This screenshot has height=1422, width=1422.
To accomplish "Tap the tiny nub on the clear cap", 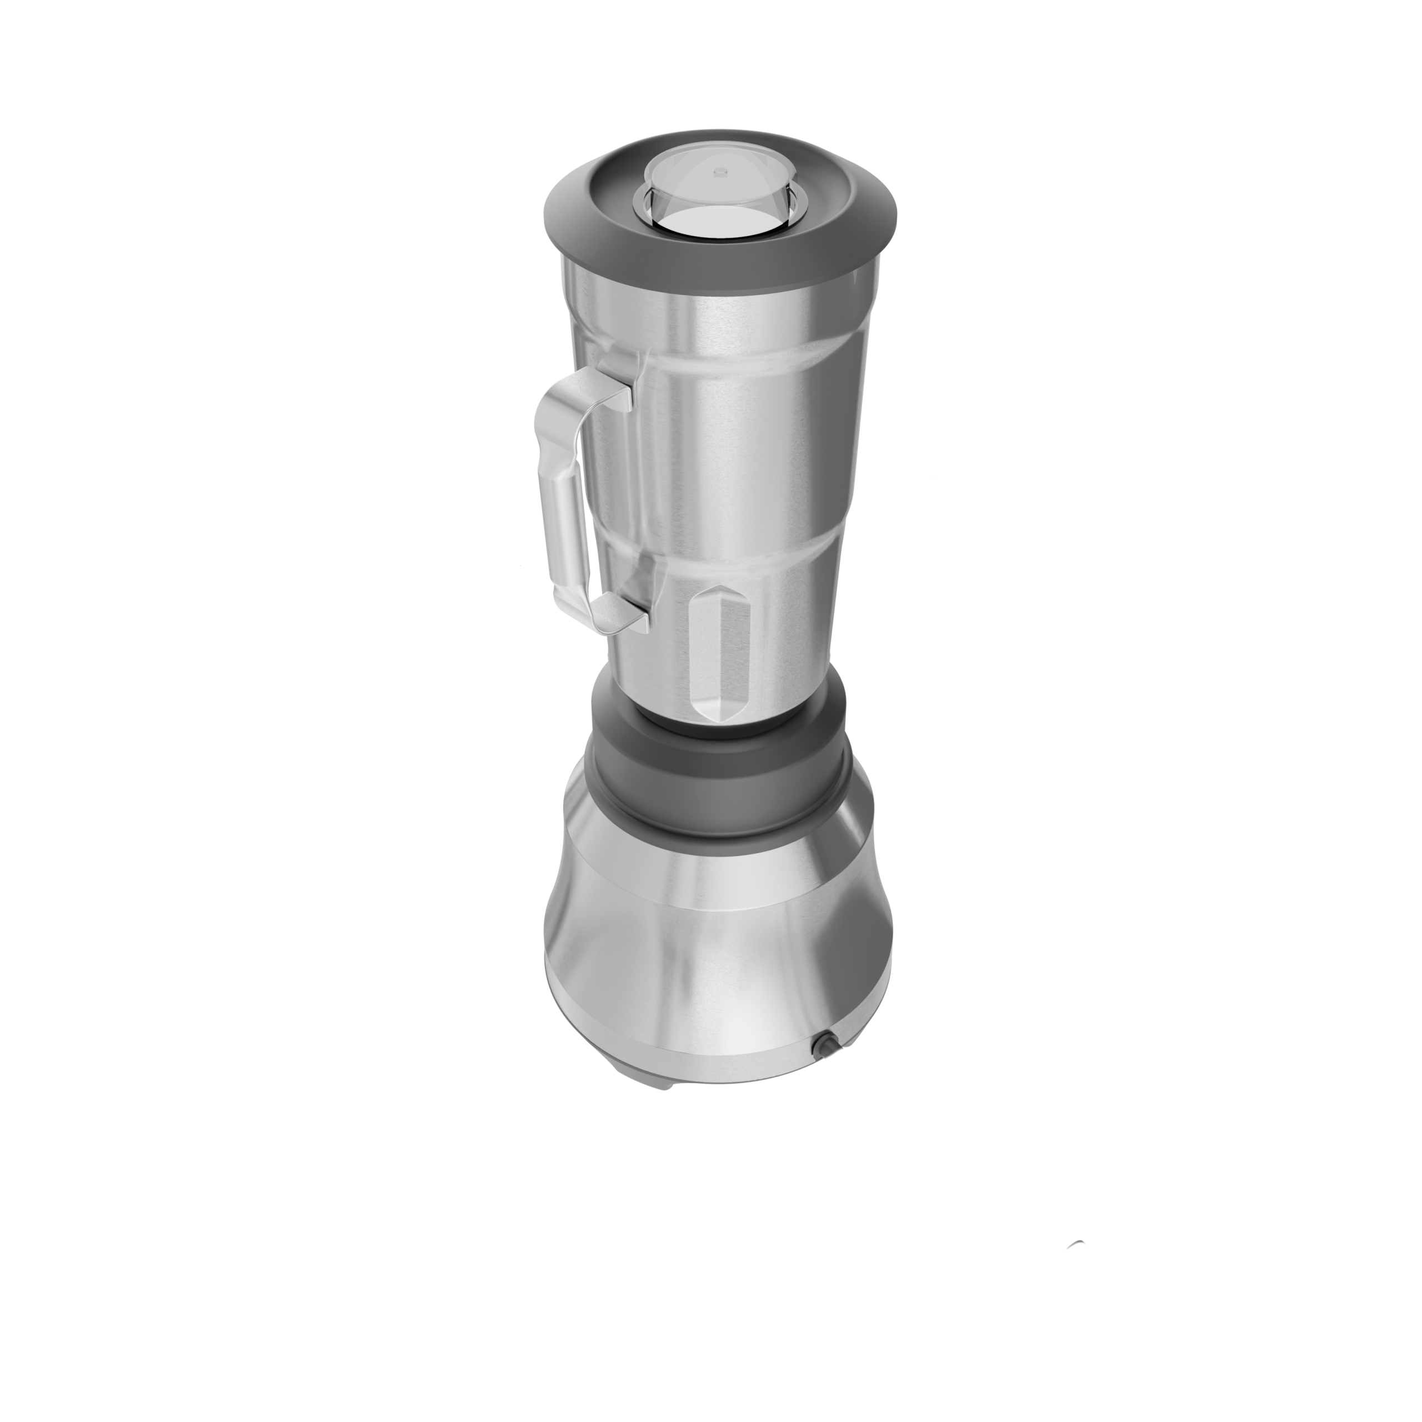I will [720, 172].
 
